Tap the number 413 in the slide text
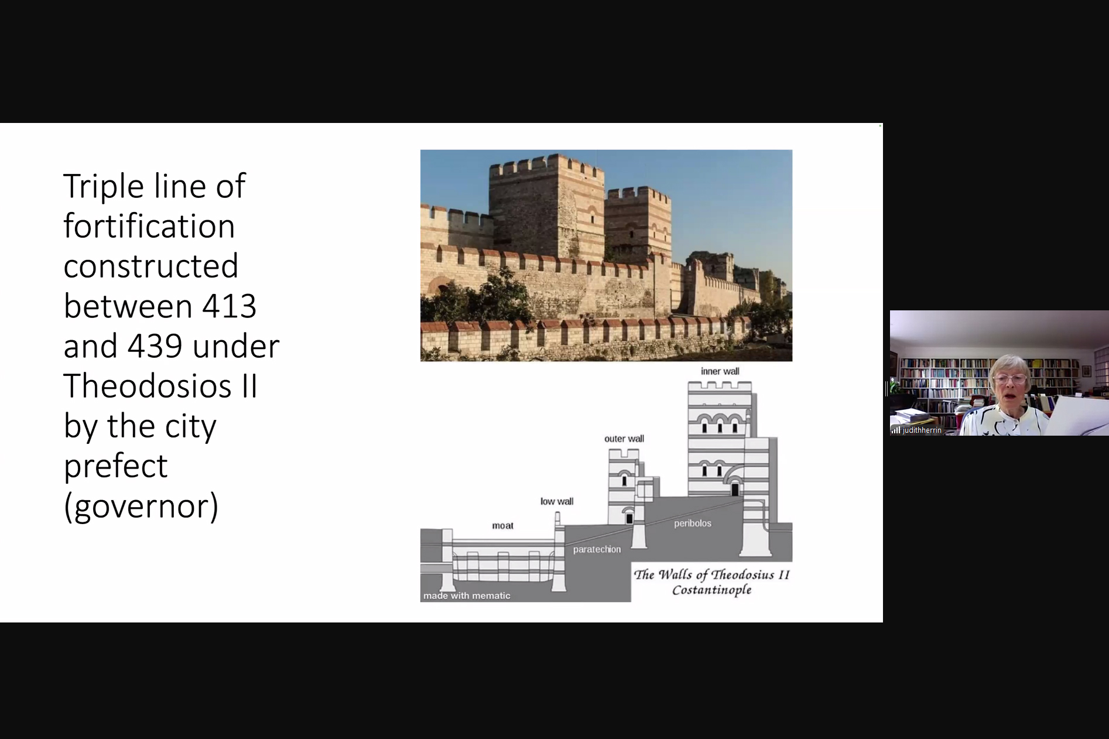coord(229,306)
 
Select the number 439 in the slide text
coord(155,346)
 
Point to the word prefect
coord(115,466)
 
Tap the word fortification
coord(149,225)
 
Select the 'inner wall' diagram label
coord(720,371)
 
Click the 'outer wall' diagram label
coord(624,439)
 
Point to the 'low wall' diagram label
coord(557,501)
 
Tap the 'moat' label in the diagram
coord(502,526)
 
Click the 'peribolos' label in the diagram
coord(693,524)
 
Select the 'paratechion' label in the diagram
coord(597,549)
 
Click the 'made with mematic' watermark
coord(467,596)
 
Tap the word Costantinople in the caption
coord(711,590)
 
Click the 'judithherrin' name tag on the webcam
coord(922,430)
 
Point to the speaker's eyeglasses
coord(1010,379)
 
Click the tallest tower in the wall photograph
coord(546,208)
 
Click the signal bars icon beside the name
coord(896,430)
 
